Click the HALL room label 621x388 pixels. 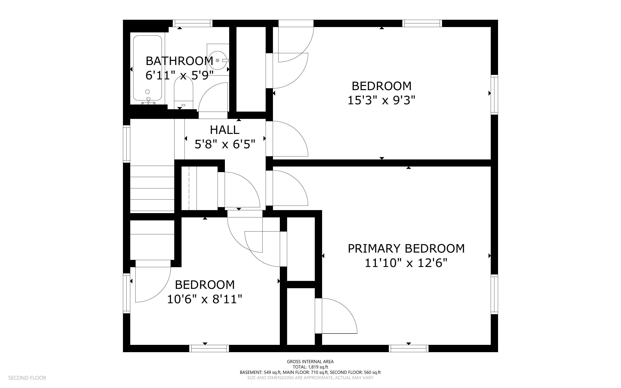224,130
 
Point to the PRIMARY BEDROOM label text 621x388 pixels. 406,249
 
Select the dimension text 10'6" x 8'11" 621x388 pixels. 204,299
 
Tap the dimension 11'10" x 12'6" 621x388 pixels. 406,263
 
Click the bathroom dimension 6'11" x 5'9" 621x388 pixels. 180,76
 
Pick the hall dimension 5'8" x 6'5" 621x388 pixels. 225,144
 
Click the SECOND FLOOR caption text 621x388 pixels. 27,378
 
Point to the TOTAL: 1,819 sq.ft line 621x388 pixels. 310,367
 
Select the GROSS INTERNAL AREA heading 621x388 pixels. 310,362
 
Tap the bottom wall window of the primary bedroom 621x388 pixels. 409,348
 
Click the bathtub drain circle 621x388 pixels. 147,92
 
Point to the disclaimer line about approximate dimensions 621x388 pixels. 310,378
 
